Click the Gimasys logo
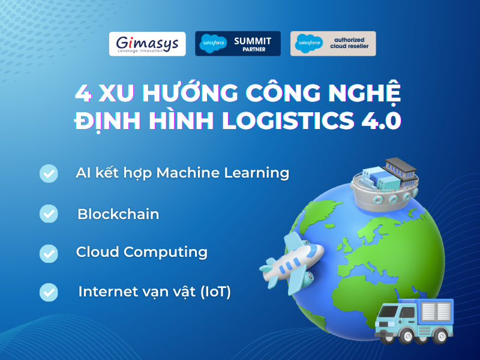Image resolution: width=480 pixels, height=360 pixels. pyautogui.click(x=147, y=44)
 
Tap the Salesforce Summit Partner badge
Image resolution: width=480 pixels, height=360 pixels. pyautogui.click(x=237, y=44)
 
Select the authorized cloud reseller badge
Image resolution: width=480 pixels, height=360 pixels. pyautogui.click(x=333, y=44)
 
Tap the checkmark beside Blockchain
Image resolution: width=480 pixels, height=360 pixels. pyautogui.click(x=49, y=213)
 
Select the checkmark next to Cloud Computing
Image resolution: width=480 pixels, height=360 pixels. pyautogui.click(x=49, y=253)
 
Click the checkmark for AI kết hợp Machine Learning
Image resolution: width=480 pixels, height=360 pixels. pyautogui.click(x=49, y=173)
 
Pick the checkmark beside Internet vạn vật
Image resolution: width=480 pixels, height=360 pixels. pyautogui.click(x=49, y=292)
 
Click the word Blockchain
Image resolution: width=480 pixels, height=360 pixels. pyautogui.click(x=118, y=214)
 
